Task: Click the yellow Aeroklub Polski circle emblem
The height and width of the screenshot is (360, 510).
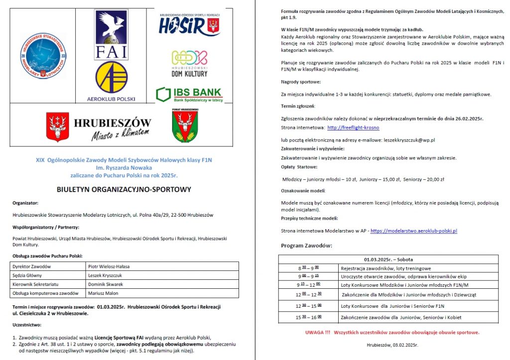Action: click(111, 77)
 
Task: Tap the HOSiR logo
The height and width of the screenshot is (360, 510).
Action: click(190, 25)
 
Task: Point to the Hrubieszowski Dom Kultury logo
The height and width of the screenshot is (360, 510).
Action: click(189, 63)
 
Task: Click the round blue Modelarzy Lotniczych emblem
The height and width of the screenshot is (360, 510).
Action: click(44, 56)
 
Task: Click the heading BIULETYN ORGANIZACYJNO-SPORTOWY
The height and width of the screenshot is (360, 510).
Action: click(124, 189)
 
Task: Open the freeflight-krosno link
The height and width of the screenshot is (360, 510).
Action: click(353, 127)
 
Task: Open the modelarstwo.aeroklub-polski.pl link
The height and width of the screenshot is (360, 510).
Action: click(413, 231)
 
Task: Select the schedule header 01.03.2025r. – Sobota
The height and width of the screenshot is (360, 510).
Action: click(388, 259)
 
